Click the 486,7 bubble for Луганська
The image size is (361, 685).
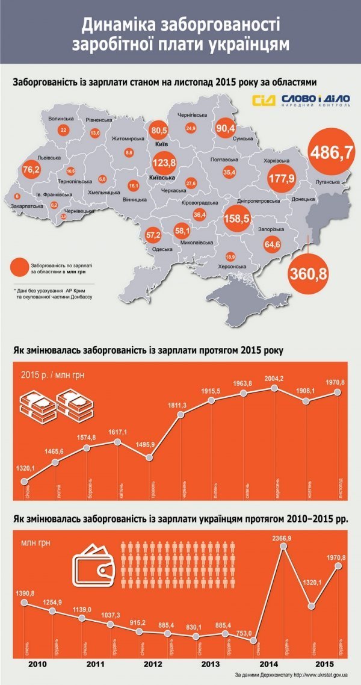click(330, 152)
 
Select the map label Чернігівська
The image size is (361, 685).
click(193, 114)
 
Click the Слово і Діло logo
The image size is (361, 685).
click(297, 101)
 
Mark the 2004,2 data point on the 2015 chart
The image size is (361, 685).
click(275, 388)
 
